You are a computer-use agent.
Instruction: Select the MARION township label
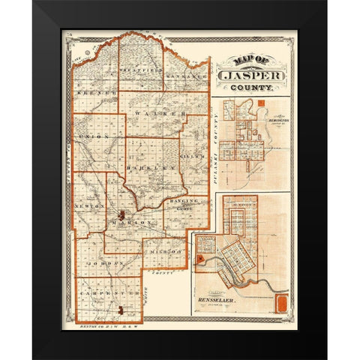click(130, 223)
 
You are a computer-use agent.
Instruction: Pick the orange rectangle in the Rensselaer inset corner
click(282, 304)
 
